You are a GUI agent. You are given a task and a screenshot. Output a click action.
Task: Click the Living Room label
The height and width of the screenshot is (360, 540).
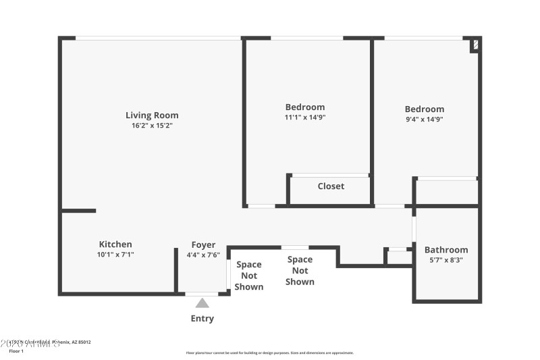coord(152,115)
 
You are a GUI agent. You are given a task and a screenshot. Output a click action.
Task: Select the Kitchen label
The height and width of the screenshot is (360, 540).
coord(115,245)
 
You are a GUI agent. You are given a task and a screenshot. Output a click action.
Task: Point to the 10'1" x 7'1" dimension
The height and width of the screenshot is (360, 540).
coord(115,255)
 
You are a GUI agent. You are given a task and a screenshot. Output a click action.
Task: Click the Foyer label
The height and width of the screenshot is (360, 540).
coord(203,245)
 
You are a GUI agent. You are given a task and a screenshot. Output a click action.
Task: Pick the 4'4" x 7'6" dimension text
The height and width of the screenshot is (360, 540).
coord(203,255)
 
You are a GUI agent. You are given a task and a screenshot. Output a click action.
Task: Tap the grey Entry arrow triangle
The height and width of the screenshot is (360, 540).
coord(202,303)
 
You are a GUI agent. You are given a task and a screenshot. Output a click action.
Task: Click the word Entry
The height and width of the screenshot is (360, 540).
coord(202,319)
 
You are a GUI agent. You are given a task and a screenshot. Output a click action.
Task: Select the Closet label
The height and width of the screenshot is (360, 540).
coord(331,186)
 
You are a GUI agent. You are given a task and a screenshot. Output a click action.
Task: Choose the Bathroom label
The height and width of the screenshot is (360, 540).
coord(446,250)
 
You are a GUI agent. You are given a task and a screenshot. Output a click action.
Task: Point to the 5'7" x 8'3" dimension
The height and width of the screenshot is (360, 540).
coord(446,260)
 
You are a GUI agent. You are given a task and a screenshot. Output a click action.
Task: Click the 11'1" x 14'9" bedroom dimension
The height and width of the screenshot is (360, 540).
coord(305,118)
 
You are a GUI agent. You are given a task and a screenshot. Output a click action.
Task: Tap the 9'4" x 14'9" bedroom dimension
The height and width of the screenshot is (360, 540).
coord(425,120)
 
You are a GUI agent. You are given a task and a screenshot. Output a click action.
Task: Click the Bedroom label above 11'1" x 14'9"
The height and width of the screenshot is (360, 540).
coord(305,107)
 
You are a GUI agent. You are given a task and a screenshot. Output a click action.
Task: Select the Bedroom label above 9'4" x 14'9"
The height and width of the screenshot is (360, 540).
coord(425,109)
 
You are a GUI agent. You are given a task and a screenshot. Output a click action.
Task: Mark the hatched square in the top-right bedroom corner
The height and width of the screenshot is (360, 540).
coord(475,45)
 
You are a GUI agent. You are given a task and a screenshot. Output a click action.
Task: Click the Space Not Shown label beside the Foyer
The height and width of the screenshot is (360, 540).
coord(249,276)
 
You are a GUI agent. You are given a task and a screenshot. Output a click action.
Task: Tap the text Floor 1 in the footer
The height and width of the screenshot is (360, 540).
coord(16,351)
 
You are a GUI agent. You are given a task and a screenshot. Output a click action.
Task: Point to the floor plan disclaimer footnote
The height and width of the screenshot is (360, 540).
coord(270,353)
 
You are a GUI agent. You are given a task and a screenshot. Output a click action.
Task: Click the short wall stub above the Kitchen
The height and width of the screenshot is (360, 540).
coord(78,211)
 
